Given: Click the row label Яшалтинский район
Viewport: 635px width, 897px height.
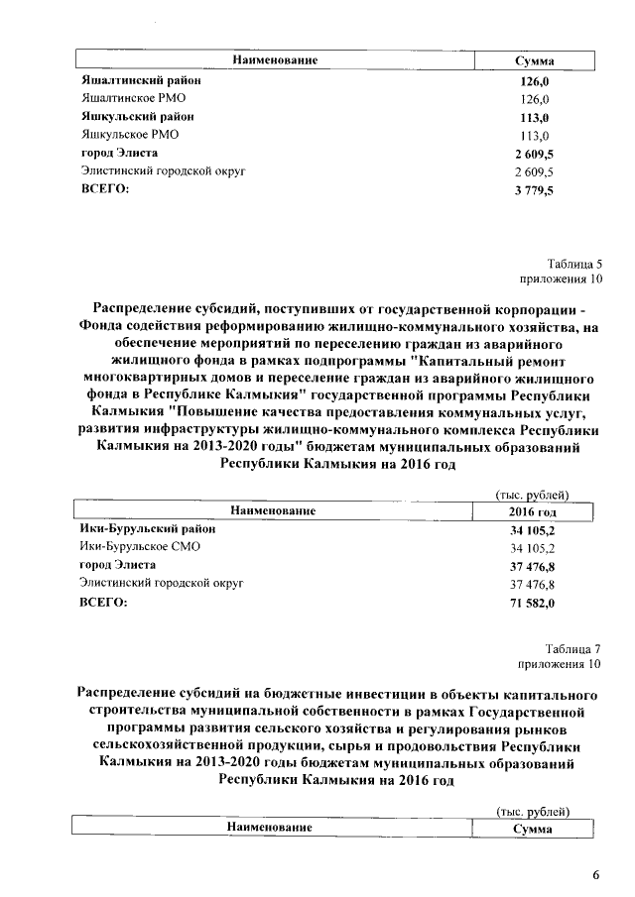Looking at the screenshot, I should click(129, 80).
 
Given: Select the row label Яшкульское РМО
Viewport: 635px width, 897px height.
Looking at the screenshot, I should click(130, 135).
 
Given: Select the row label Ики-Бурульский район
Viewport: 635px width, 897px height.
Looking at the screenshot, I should click(147, 529).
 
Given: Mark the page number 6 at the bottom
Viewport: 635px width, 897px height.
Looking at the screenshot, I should click(596, 874).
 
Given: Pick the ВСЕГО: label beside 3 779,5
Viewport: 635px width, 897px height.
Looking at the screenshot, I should click(105, 189).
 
